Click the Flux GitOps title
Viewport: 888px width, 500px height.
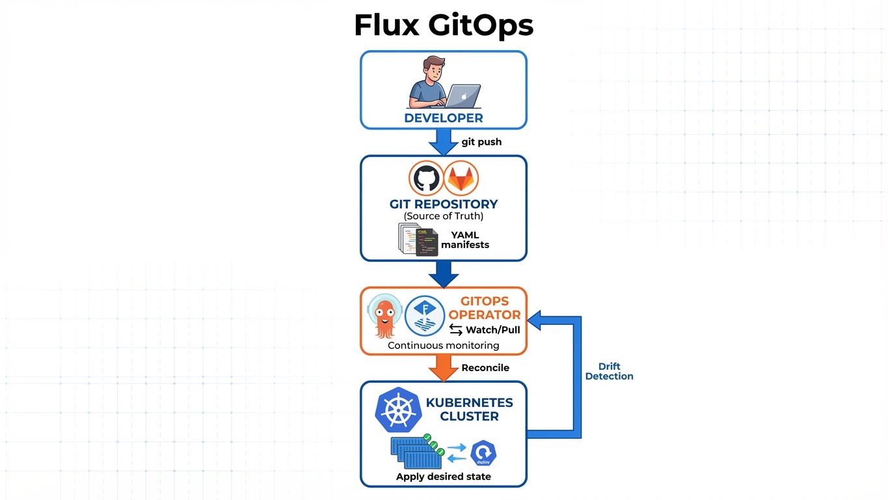click(x=444, y=25)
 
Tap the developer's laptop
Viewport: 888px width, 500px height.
click(x=463, y=96)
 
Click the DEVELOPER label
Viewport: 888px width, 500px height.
click(x=444, y=118)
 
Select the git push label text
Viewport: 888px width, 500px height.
click(x=481, y=142)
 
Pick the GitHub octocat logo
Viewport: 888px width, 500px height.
click(x=425, y=178)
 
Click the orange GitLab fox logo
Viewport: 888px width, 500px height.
click(x=461, y=178)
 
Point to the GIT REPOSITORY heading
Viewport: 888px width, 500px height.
click(x=444, y=204)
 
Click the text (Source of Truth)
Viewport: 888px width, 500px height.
click(x=444, y=216)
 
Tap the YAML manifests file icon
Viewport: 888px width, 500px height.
click(x=418, y=240)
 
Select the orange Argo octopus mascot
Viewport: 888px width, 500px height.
click(x=384, y=316)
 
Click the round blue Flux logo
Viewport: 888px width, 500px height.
click(x=424, y=316)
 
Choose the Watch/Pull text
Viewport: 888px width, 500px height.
click(x=492, y=330)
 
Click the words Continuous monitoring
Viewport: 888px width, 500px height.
click(x=444, y=346)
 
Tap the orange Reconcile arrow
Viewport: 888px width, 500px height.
click(x=444, y=368)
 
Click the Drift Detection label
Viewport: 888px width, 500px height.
click(x=609, y=371)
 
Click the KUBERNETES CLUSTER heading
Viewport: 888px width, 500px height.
click(x=469, y=410)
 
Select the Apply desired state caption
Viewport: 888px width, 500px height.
click(x=444, y=477)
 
